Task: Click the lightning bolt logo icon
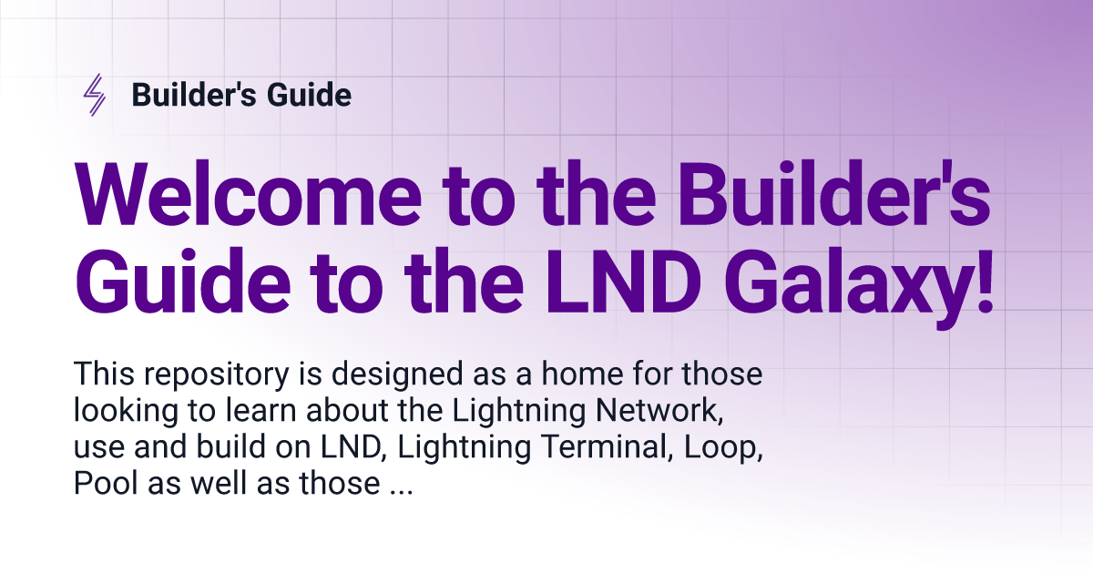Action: [94, 95]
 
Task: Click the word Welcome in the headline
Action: [248, 194]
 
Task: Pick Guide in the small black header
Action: [309, 94]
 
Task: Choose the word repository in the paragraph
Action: [216, 374]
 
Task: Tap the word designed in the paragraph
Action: [397, 374]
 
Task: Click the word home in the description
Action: [582, 374]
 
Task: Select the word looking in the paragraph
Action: [126, 412]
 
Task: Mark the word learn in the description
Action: [261, 411]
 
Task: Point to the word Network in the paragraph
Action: [659, 411]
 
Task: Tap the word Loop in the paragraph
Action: [723, 448]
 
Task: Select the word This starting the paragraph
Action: [104, 374]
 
